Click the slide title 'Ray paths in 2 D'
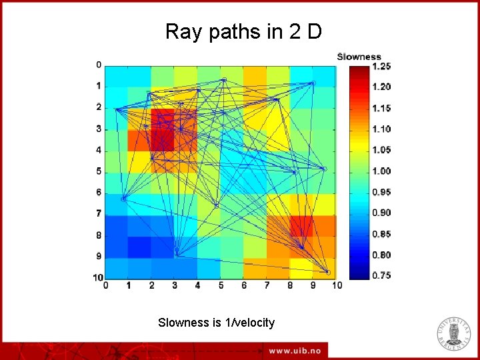(x=243, y=31)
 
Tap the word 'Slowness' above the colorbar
(x=359, y=57)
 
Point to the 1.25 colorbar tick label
(x=382, y=66)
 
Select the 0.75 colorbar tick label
(x=382, y=275)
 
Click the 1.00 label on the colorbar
(x=382, y=171)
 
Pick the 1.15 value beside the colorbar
(x=382, y=108)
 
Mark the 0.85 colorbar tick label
(x=382, y=234)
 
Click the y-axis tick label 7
(x=98, y=213)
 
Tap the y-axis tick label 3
(x=98, y=129)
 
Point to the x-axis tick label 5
(x=221, y=286)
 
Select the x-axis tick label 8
(x=290, y=286)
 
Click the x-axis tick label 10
(x=336, y=286)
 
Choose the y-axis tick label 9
(x=98, y=256)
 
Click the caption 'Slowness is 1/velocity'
(x=216, y=323)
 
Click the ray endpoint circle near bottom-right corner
(x=327, y=272)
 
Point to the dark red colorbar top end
(x=359, y=68)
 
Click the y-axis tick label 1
(x=98, y=86)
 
